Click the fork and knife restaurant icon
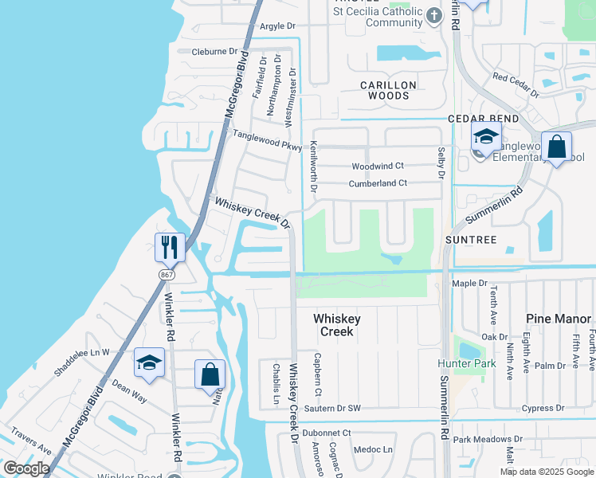coord(170,247)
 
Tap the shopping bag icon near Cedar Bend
coord(556,147)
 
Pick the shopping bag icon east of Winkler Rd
coord(210,374)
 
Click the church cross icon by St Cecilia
coord(433,15)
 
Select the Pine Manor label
coord(559,319)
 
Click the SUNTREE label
coord(471,239)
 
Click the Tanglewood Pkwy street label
coord(267,135)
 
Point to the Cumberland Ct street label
coord(378,183)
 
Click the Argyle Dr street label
coord(277,27)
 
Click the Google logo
coord(26,468)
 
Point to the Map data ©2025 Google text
coord(547,472)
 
